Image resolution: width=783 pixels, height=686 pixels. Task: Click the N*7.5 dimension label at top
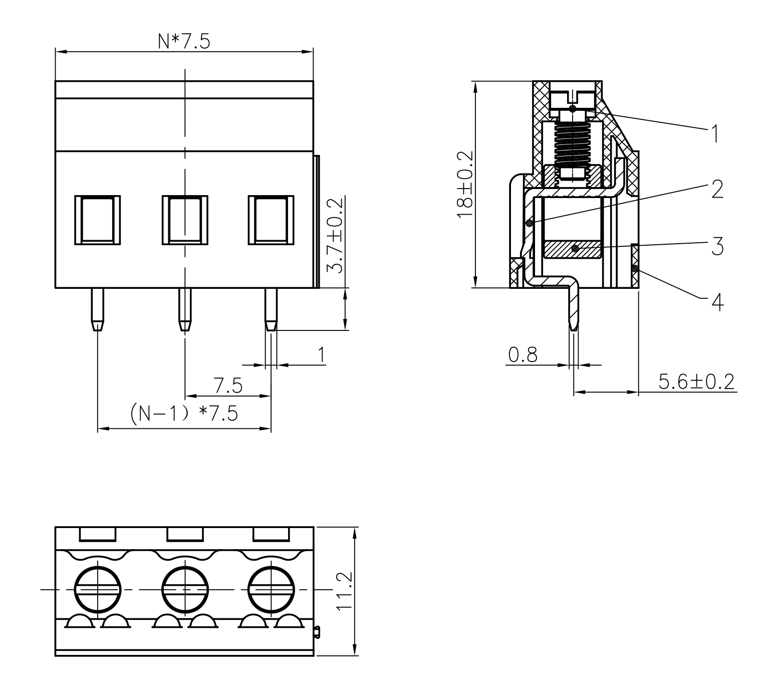click(184, 41)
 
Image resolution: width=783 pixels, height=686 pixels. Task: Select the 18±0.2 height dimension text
click(465, 184)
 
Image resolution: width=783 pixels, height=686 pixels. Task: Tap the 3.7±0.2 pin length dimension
click(336, 235)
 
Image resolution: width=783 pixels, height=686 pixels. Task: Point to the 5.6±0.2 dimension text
click(696, 382)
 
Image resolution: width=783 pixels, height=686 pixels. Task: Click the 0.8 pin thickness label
click(523, 355)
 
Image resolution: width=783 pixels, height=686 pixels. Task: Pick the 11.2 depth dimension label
click(345, 592)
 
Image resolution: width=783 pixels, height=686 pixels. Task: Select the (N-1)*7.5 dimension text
click(184, 413)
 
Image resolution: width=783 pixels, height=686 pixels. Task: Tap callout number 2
click(717, 189)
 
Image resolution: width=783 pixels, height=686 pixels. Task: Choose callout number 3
click(717, 246)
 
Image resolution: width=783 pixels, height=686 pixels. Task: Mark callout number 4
click(717, 302)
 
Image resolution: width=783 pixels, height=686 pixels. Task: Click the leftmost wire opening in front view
click(98, 220)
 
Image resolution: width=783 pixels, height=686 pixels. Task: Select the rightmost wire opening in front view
click(271, 220)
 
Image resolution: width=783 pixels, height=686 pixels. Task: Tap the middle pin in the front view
click(185, 309)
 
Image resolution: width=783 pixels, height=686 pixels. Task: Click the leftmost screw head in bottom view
click(98, 590)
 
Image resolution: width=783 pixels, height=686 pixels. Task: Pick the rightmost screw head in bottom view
click(271, 590)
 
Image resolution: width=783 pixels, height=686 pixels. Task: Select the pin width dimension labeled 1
click(322, 355)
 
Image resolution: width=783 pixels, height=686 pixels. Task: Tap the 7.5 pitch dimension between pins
click(228, 385)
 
